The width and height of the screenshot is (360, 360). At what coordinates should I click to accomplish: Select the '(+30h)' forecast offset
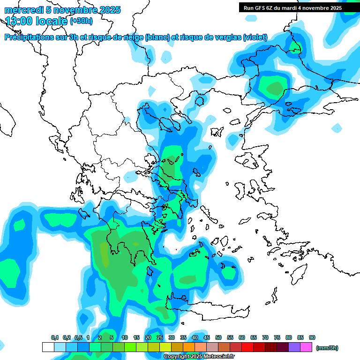point(81,21)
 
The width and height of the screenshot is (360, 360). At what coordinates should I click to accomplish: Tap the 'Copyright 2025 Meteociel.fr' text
point(199,357)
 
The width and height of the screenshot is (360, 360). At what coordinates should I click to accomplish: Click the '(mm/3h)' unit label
point(327,347)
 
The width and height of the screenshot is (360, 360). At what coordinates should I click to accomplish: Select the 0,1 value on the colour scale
point(55,337)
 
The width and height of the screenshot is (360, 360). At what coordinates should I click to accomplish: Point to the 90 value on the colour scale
point(312,337)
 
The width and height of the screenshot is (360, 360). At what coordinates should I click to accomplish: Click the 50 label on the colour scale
point(218,337)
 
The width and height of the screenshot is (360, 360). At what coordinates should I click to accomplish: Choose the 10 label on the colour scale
point(125,337)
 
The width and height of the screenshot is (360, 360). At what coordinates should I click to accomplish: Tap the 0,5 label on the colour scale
point(78,337)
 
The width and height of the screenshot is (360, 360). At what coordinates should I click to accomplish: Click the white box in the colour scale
point(48,347)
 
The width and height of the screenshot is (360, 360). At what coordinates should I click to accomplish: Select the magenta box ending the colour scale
point(306,347)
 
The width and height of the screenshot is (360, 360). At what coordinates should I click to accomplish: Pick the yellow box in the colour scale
point(165,347)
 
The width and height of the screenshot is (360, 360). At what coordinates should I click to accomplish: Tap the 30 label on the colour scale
point(172,337)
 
